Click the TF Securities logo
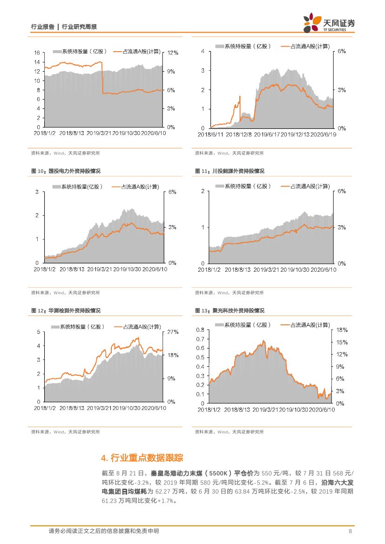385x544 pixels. pos(329,23)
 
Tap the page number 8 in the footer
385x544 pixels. pos(350,531)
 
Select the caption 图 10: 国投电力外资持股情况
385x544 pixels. pos(66,171)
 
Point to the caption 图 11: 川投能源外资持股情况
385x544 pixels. pos(230,171)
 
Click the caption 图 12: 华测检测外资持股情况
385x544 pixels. pos(66,310)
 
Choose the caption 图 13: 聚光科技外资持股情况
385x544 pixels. pos(230,310)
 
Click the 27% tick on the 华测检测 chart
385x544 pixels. pos(173,332)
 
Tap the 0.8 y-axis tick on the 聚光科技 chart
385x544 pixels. pos(200,330)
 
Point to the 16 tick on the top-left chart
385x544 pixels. pos(37,53)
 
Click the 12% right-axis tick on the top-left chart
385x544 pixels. pos(174,53)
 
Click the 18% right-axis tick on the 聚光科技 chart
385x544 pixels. pos(342,330)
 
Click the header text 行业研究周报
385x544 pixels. pos(79,27)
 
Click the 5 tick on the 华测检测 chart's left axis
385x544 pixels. pos(39,332)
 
